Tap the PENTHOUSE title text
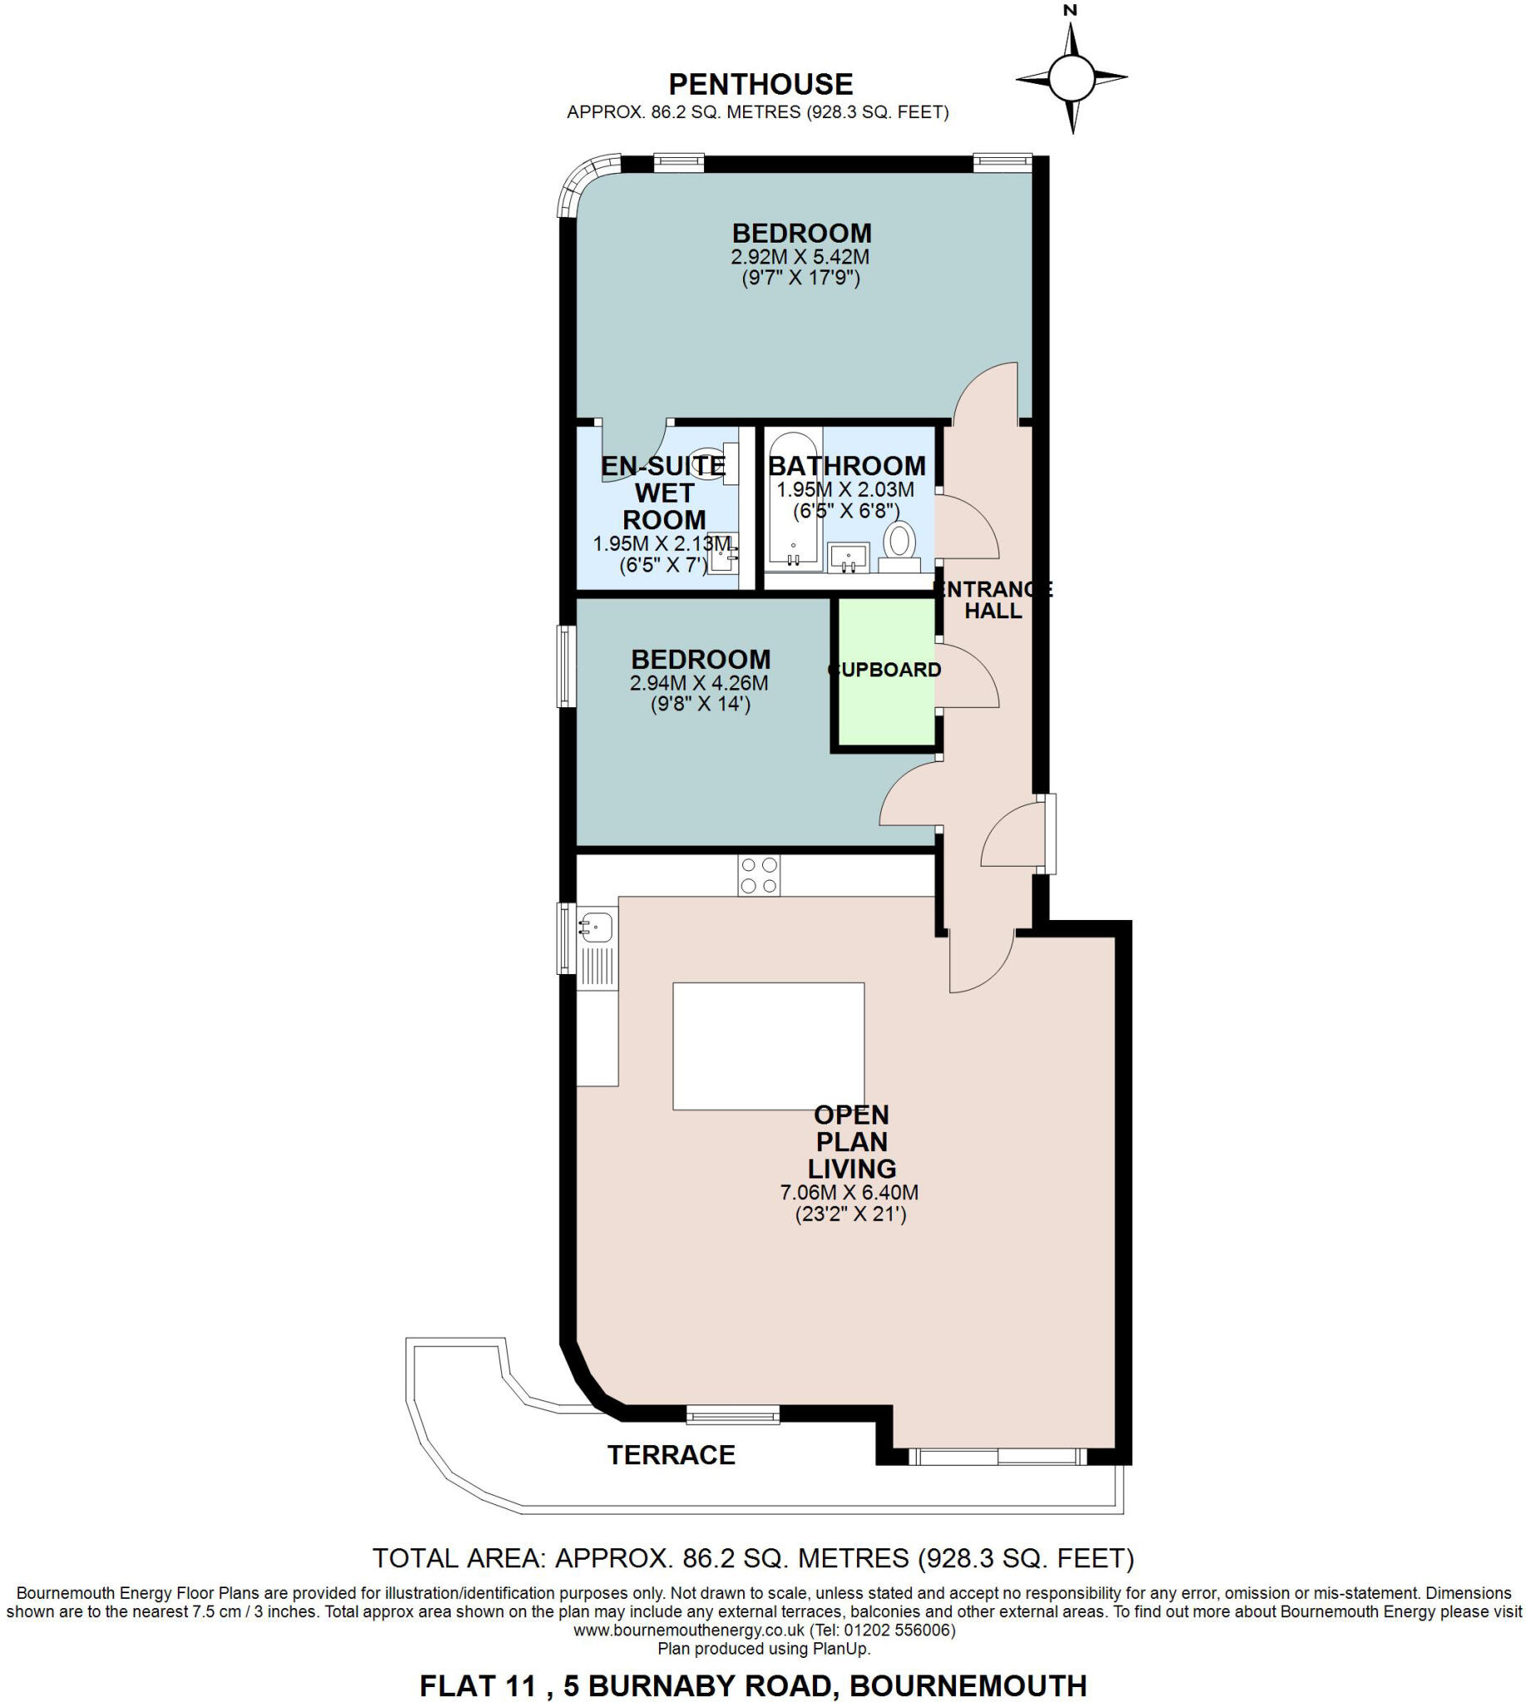(x=761, y=84)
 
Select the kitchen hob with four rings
(x=759, y=875)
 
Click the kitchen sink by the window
(x=595, y=928)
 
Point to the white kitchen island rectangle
(x=768, y=1046)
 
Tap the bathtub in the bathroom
(x=792, y=499)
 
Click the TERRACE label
(x=671, y=1454)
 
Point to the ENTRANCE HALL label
(x=993, y=600)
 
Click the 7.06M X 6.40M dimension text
(x=849, y=1193)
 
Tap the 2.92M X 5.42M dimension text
(x=800, y=257)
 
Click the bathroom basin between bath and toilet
(x=849, y=557)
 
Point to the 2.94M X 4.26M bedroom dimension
(x=699, y=682)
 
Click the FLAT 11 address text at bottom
(x=753, y=1685)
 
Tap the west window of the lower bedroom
(x=567, y=667)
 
